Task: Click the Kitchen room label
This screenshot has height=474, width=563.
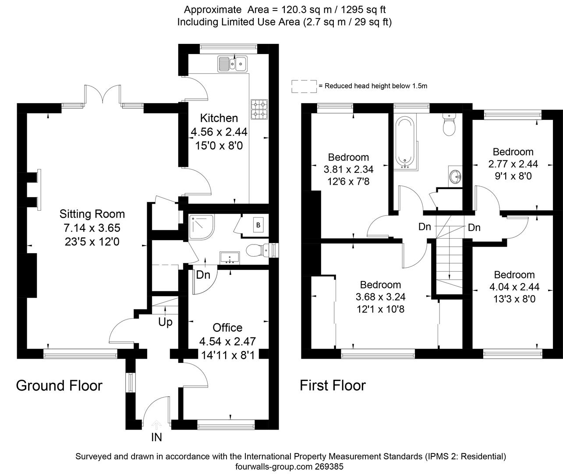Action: (219, 118)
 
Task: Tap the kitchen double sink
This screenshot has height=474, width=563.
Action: (232, 64)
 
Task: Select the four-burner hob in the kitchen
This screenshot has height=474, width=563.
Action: (259, 109)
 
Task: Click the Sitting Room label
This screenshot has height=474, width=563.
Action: (92, 214)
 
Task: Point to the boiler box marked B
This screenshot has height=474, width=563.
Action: (258, 225)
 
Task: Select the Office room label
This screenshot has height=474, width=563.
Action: (227, 327)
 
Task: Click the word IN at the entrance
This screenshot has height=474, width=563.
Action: (156, 437)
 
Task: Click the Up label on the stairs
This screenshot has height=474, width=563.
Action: (165, 322)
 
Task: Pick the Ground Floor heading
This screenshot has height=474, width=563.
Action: (59, 385)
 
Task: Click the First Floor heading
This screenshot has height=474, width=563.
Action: (333, 385)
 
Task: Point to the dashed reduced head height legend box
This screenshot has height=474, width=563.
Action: (304, 86)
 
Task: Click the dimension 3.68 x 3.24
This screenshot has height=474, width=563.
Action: (380, 297)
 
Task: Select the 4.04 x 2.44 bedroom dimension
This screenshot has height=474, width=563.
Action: (514, 287)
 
